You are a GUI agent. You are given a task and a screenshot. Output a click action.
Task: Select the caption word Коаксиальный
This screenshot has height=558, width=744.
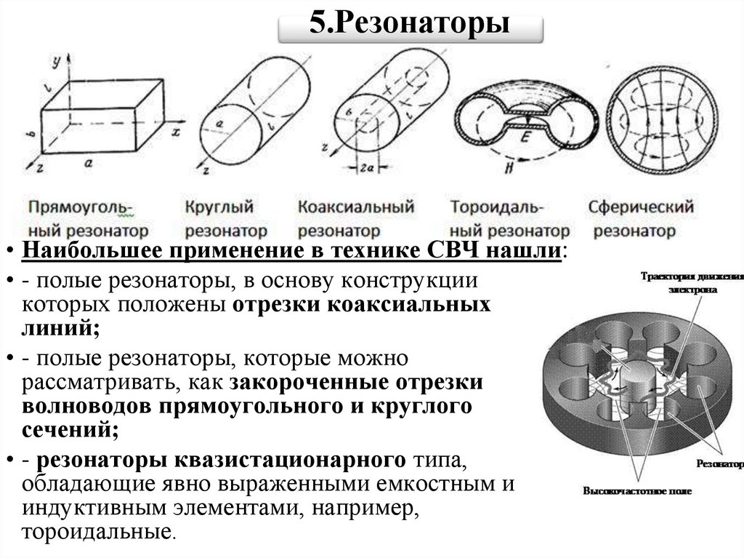[355, 207]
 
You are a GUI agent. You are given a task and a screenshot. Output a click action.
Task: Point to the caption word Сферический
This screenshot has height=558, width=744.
[642, 207]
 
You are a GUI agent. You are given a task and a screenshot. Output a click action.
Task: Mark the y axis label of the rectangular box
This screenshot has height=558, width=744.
[54, 62]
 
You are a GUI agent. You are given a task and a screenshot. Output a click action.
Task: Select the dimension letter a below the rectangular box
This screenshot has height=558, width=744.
[87, 164]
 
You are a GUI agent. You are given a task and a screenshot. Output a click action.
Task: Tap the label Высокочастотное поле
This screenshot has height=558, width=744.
[636, 490]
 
